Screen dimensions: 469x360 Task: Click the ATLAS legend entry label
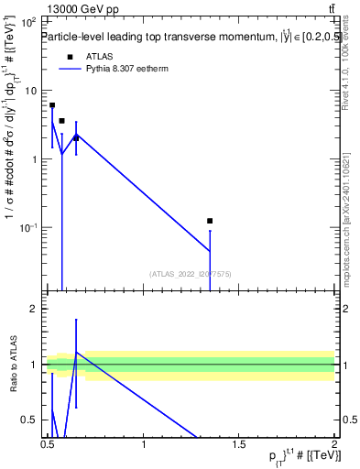(x=98, y=56)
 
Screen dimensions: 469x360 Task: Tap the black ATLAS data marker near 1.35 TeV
(x=210, y=221)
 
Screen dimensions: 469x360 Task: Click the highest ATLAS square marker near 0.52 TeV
(x=52, y=105)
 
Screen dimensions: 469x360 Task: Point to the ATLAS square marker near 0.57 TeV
(x=61, y=121)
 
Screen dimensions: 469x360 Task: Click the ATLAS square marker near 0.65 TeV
(x=76, y=138)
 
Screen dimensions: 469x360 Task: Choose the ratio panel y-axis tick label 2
(x=35, y=310)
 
